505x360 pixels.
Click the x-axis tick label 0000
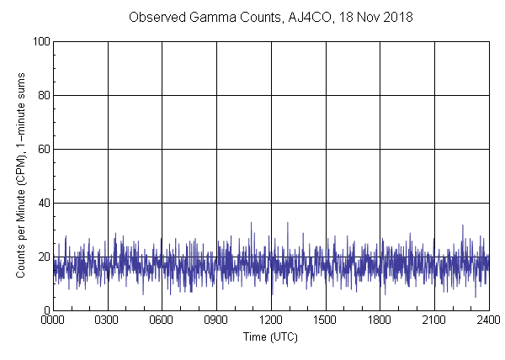coord(53,320)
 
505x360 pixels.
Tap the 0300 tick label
coord(108,320)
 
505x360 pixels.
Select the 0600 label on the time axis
coord(162,320)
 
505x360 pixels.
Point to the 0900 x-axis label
coord(216,320)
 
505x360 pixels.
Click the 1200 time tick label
coord(271,320)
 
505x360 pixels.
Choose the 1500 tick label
coord(326,320)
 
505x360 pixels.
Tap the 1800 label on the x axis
coord(380,320)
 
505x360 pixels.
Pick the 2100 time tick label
coord(434,320)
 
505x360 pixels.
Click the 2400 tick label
coord(488,320)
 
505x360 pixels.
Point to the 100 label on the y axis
coord(40,41)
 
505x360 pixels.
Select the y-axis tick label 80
coord(43,95)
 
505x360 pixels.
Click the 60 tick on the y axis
coord(43,149)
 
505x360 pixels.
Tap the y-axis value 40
coord(43,203)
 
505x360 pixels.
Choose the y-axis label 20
coord(43,257)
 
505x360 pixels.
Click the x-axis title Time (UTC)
coord(270,336)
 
